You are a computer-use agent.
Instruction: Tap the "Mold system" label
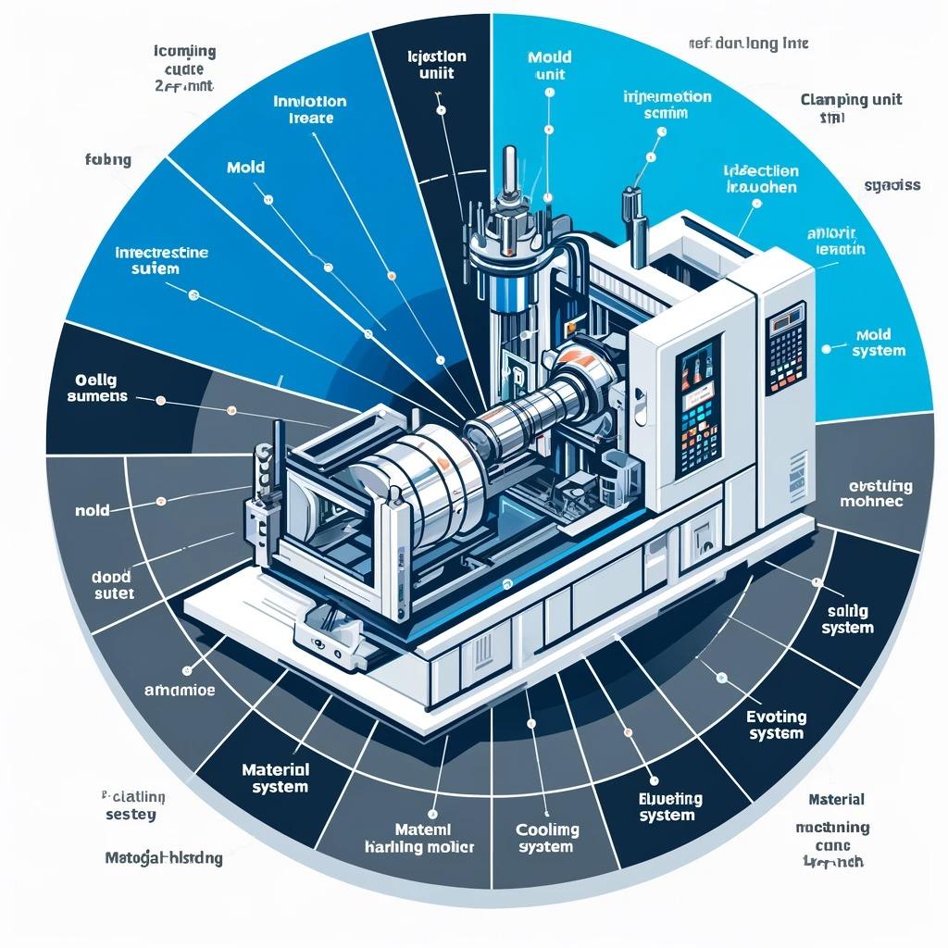(879, 343)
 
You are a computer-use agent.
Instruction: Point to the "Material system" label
(275, 778)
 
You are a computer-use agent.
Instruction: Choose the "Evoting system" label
(776, 725)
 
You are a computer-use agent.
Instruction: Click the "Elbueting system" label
(671, 806)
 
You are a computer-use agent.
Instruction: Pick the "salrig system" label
(847, 619)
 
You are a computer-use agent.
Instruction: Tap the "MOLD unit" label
(549, 66)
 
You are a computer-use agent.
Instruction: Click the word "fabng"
(107, 160)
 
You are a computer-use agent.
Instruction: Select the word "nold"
(93, 509)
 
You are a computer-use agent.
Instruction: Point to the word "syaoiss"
(892, 185)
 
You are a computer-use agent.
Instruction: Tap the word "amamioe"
(179, 689)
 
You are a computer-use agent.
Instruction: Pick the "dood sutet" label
(113, 584)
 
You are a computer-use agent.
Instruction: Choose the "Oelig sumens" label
(99, 389)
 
